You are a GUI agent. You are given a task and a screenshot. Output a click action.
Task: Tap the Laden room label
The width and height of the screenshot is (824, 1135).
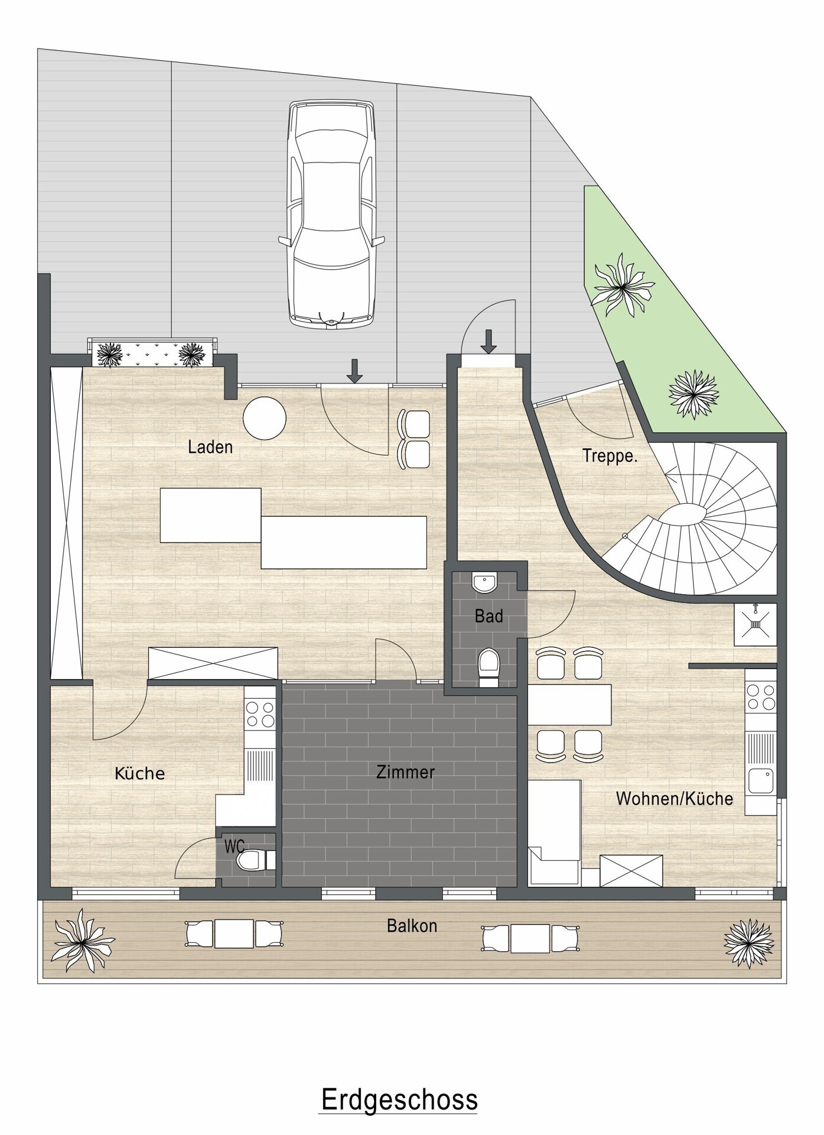(210, 447)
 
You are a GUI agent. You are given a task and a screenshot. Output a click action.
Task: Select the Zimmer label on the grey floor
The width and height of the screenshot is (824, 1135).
(405, 772)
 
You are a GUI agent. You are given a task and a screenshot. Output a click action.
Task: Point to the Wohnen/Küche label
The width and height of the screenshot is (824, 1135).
(675, 799)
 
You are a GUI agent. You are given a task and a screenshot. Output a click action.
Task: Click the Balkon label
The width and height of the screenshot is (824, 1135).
(412, 926)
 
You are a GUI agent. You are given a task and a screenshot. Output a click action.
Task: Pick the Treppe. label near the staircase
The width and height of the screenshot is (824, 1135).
(610, 456)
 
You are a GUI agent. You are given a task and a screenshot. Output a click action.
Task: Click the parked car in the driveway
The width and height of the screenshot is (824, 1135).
(332, 214)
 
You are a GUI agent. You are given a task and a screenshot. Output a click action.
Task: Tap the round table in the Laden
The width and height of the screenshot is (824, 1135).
(265, 419)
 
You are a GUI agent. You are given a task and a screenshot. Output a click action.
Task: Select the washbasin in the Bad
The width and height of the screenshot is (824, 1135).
(485, 583)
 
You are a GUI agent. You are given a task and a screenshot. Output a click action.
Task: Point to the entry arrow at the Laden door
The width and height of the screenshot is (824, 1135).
(354, 371)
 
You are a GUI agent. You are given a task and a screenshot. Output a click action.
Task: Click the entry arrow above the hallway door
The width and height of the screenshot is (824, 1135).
(488, 342)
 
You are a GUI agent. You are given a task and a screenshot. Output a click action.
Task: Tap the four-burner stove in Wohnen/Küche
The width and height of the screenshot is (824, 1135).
(761, 696)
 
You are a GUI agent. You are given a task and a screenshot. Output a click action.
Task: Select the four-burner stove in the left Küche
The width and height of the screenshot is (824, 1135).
(260, 714)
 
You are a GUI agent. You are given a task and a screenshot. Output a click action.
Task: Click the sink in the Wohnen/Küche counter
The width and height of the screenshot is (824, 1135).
(760, 781)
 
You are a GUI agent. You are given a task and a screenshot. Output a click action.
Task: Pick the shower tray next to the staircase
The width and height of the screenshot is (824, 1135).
(755, 624)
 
